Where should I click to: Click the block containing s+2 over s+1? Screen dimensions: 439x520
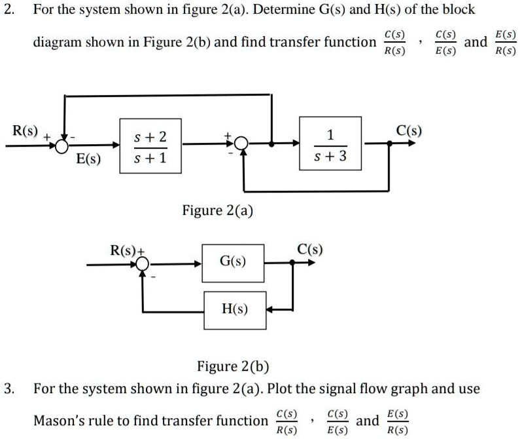pos(150,145)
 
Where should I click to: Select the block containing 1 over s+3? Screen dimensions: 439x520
pos(330,143)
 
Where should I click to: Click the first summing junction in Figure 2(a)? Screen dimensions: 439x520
pos(63,145)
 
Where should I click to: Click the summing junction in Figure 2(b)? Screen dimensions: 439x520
pos(143,263)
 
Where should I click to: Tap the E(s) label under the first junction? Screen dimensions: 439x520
pos(88,159)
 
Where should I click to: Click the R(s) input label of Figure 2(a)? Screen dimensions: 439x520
pos(26,130)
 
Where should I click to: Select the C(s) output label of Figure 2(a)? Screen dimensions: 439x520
pos(409,130)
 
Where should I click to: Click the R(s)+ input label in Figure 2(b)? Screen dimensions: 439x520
pos(128,250)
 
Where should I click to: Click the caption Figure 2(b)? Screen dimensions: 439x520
pos(233,366)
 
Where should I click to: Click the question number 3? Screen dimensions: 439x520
pos(8,389)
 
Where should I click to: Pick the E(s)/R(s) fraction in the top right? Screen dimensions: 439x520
pos(506,42)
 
